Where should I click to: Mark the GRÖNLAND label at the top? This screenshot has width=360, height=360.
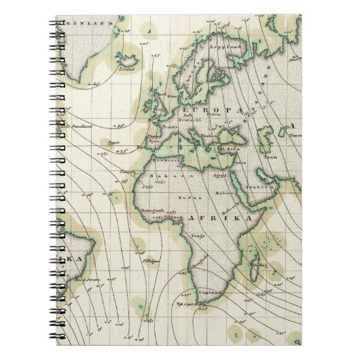pos(89,24)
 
